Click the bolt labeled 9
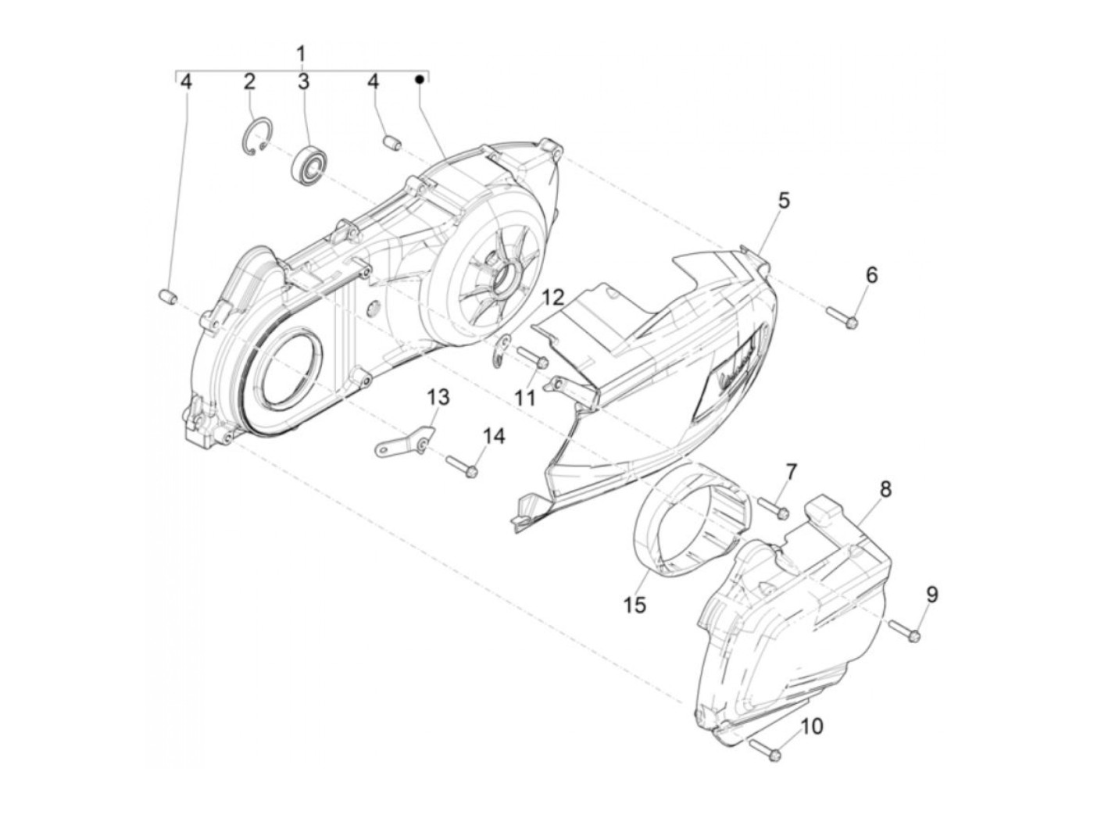coord(903,631)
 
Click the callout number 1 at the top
coord(301,55)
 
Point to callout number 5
coord(784,200)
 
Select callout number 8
coord(885,490)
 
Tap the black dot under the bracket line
coord(420,79)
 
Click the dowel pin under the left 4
coord(169,297)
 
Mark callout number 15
coord(635,604)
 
